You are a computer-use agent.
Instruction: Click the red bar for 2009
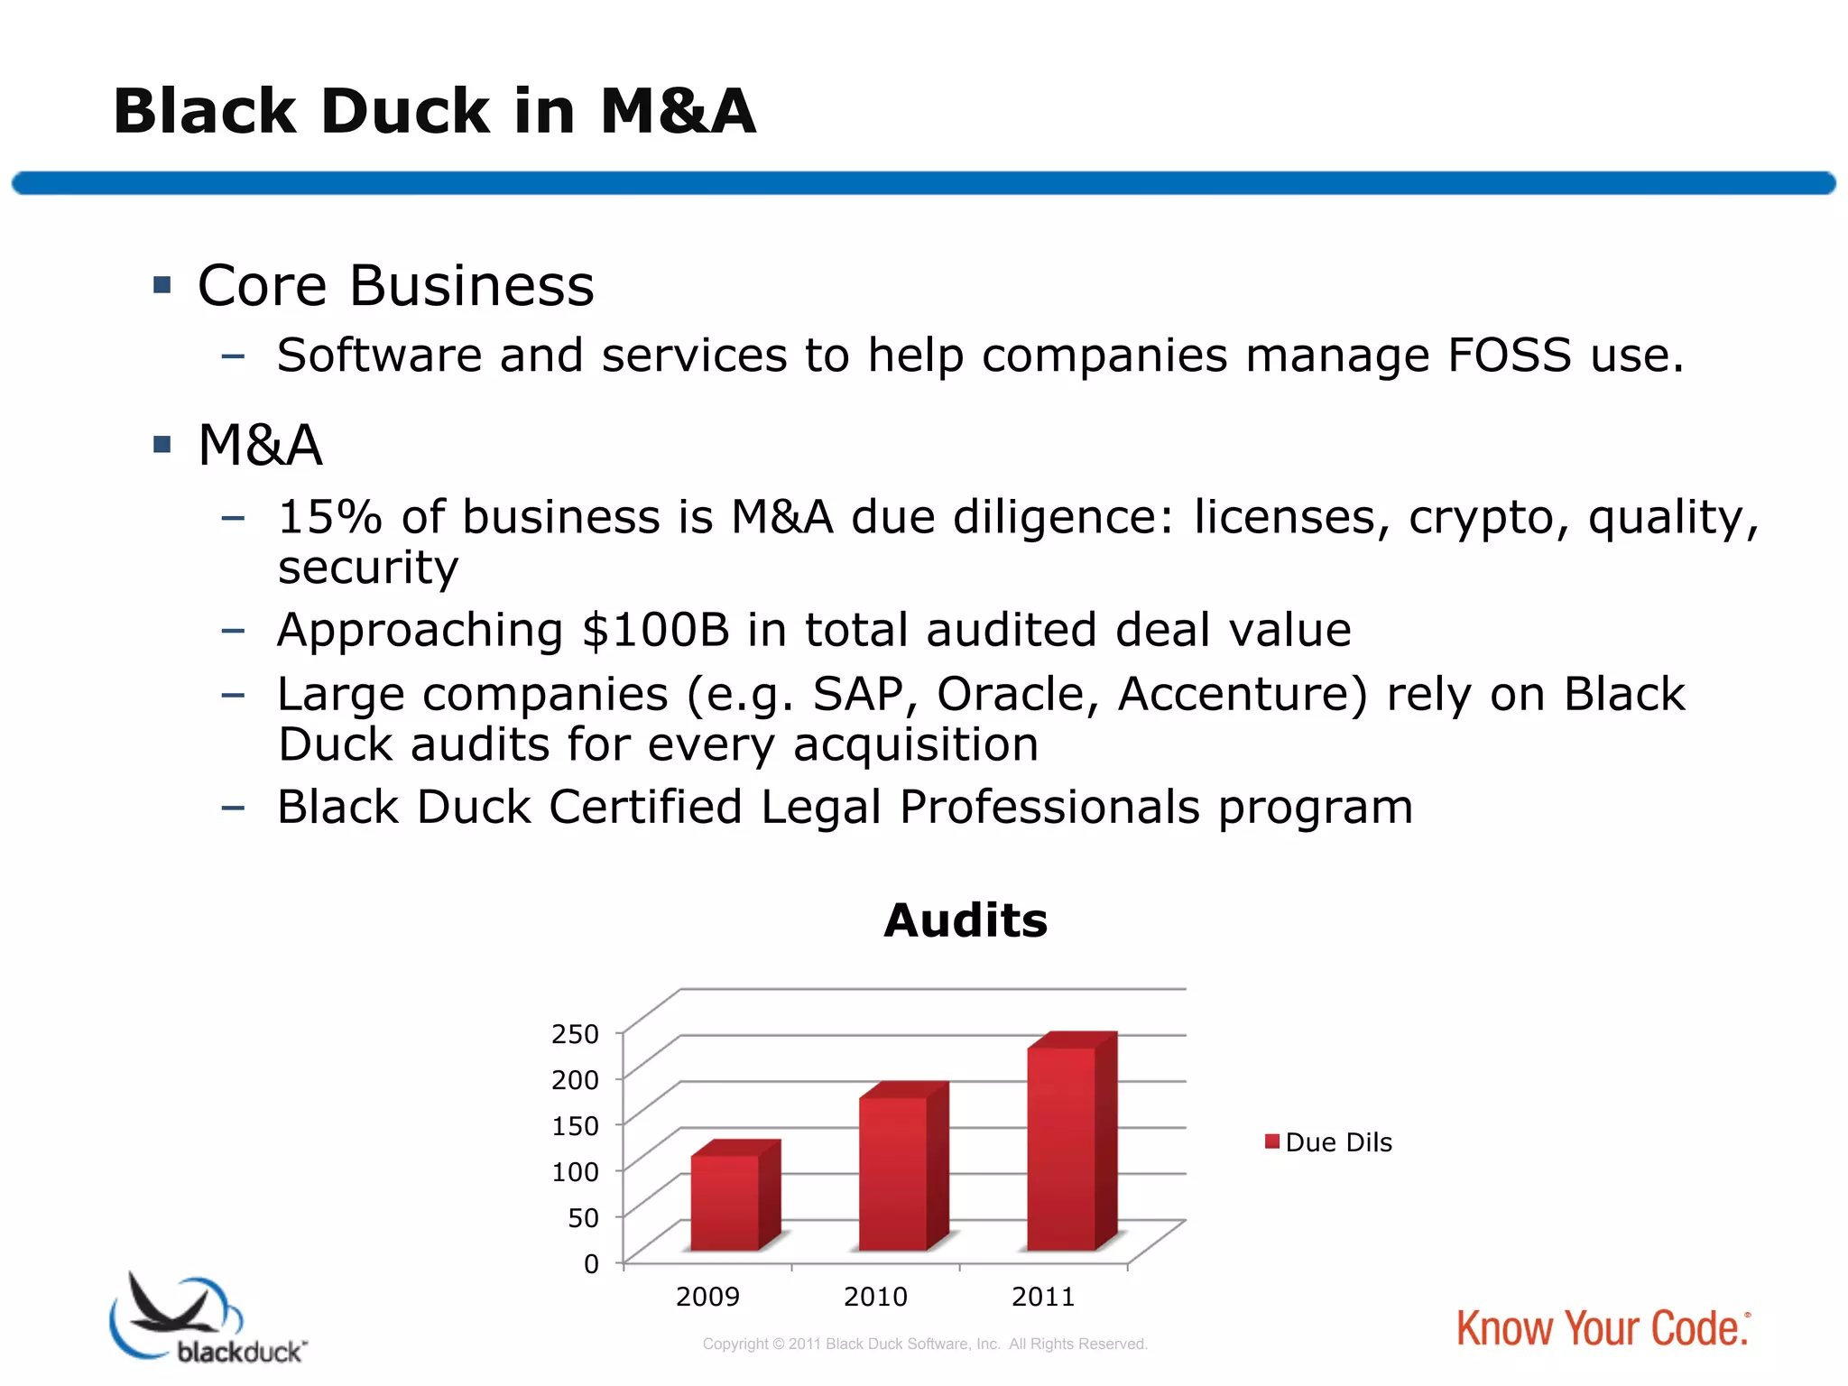(x=725, y=1202)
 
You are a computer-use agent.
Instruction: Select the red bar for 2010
(x=893, y=1173)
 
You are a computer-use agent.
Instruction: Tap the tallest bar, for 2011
(x=1062, y=1148)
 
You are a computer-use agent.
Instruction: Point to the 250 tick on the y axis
(x=575, y=1034)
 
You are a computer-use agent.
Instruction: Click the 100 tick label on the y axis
(x=575, y=1172)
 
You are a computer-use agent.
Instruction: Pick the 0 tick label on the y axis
(x=591, y=1264)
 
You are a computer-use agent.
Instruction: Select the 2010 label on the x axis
(x=875, y=1298)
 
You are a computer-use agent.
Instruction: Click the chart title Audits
(x=966, y=921)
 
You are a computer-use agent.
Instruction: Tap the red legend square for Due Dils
(x=1272, y=1142)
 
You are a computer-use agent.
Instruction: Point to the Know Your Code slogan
(x=1603, y=1329)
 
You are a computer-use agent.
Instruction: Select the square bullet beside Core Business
(x=162, y=286)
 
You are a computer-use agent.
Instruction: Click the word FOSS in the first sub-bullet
(x=1510, y=356)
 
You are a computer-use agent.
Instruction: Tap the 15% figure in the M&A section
(x=329, y=518)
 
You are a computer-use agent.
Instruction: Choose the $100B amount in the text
(x=655, y=630)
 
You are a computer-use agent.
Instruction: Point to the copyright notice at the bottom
(x=925, y=1344)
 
